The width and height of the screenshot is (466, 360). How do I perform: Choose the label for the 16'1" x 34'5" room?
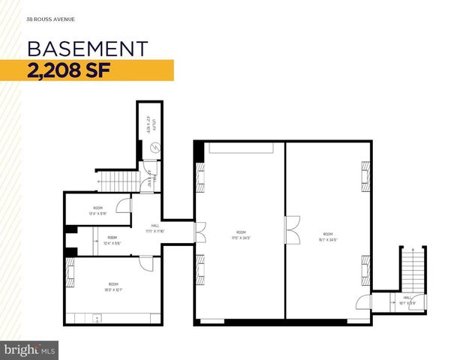tap(328, 236)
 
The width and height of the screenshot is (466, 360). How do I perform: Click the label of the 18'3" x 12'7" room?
tap(113, 286)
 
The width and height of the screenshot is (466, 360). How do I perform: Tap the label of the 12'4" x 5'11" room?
tap(98, 210)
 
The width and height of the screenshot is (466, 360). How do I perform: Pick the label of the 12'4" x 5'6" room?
tap(111, 240)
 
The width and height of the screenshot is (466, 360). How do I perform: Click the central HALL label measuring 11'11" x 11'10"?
tap(155, 228)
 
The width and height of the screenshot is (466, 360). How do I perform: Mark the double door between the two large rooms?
tap(291, 226)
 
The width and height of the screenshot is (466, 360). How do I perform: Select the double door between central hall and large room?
tap(200, 232)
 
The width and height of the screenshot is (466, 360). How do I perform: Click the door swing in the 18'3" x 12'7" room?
tap(146, 263)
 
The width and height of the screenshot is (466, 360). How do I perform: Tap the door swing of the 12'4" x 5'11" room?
tap(125, 205)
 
